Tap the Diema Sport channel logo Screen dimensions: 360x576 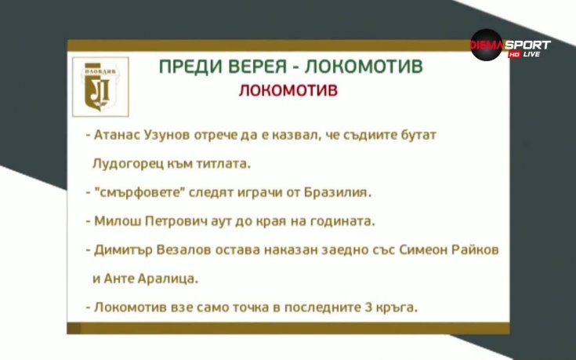(509, 46)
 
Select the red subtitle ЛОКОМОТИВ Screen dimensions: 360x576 (289, 90)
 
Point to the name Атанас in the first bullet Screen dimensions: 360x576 (118, 135)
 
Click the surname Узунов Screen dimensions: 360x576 (172, 135)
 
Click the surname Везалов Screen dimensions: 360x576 (191, 250)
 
